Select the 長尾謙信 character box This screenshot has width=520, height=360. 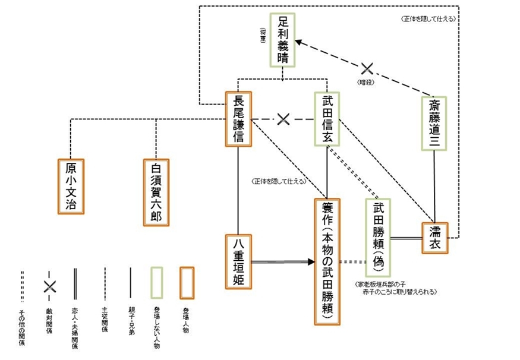coord(238,118)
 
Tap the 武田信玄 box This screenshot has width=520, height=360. coord(327,118)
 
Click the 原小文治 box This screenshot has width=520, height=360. coord(71,186)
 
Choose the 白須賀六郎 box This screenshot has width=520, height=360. coord(156,191)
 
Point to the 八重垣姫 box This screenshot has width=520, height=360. coord(238,261)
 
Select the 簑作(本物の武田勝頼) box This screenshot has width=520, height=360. coord(327,261)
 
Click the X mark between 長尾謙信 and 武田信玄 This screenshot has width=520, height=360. coord(283,119)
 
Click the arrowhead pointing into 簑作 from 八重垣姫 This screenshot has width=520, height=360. coord(310,261)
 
